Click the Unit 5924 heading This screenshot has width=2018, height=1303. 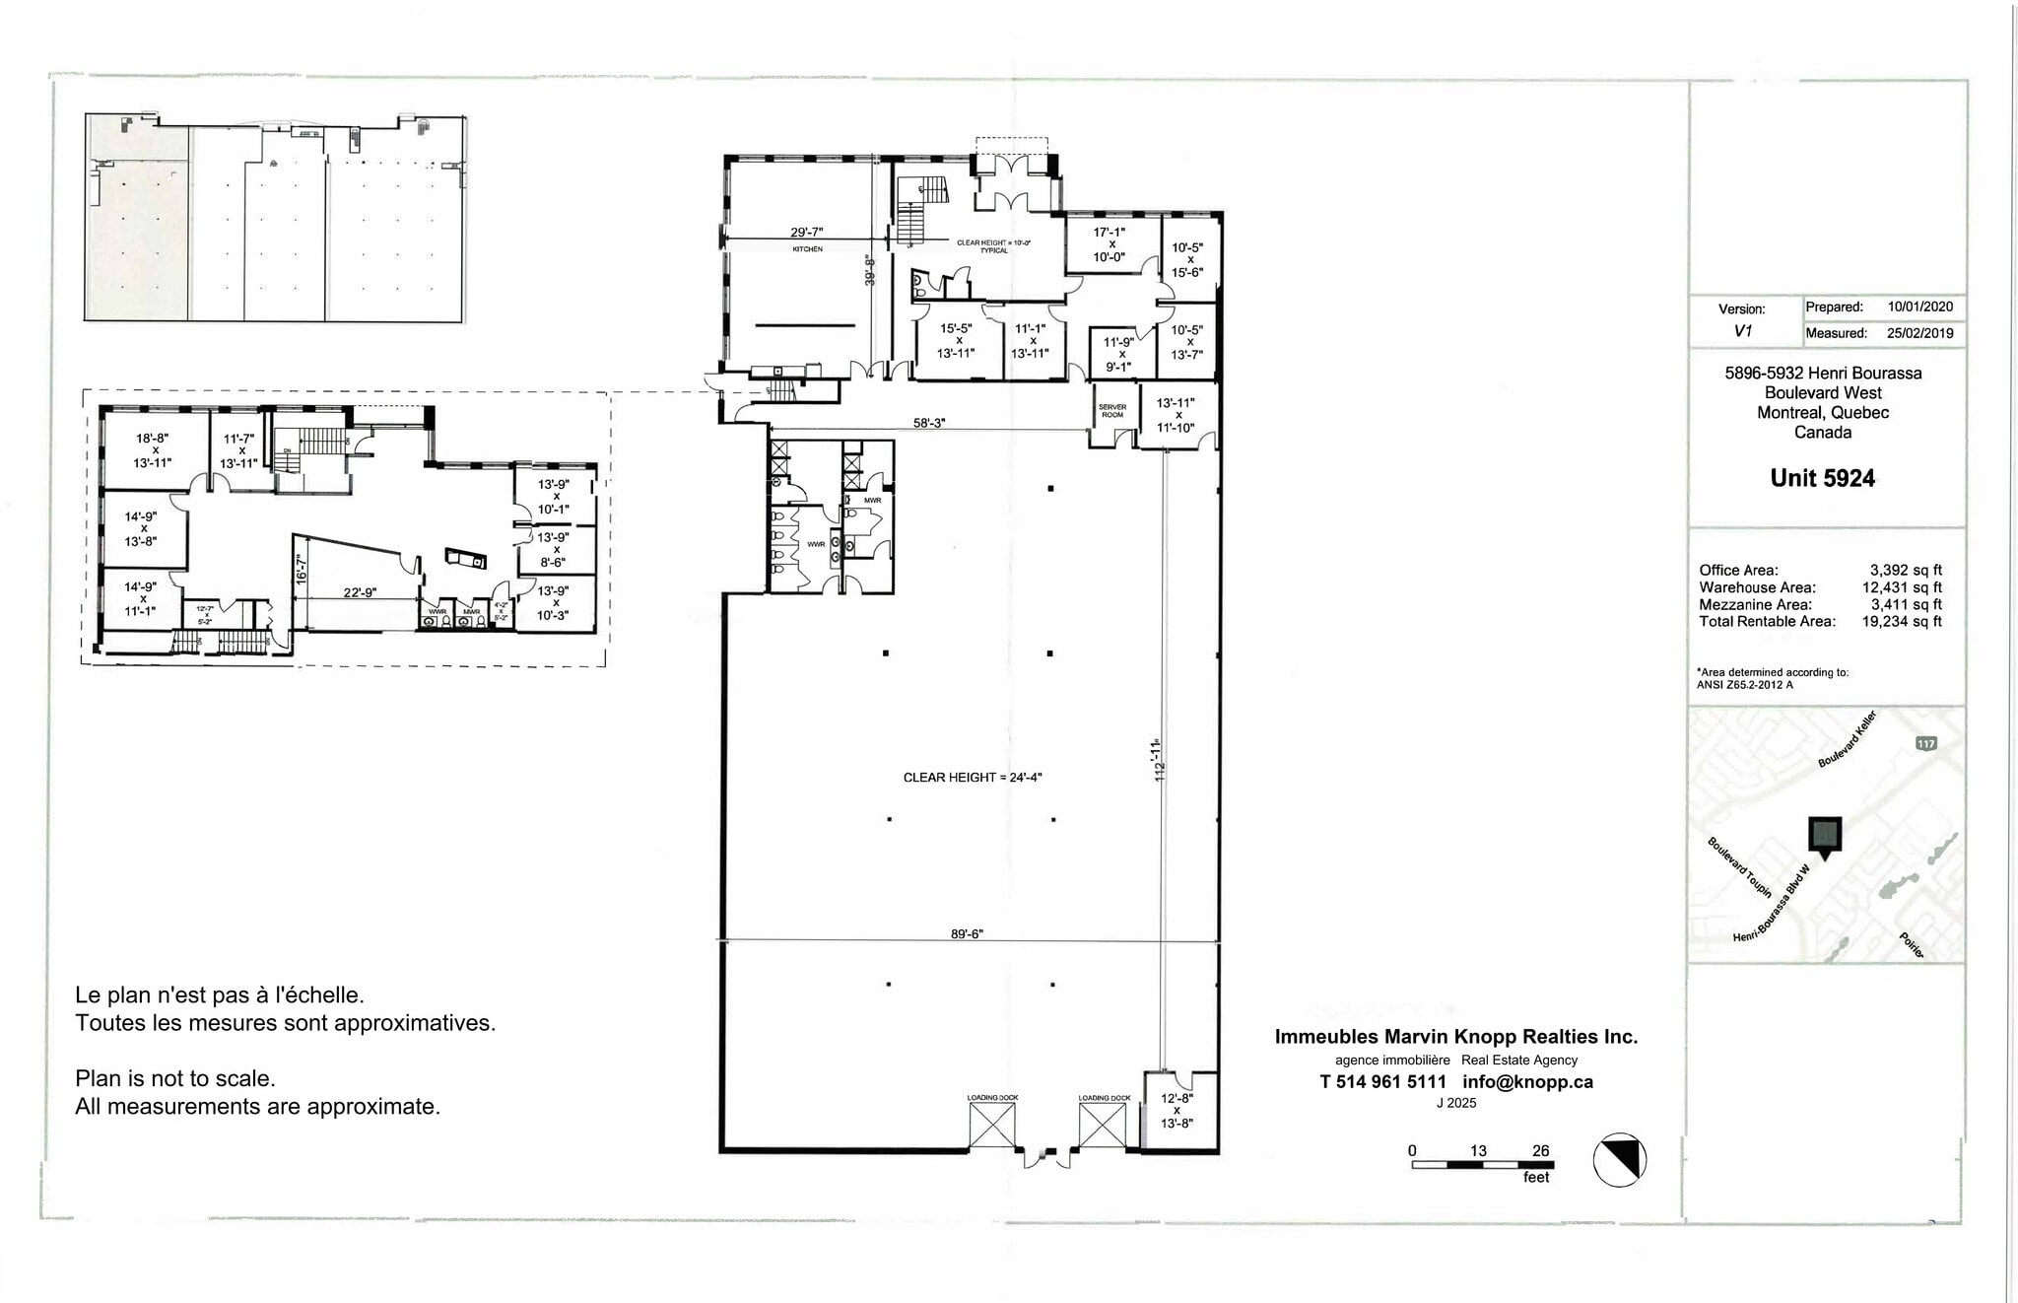point(1822,478)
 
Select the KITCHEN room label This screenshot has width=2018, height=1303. point(807,249)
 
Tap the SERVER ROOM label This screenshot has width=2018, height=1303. point(1111,411)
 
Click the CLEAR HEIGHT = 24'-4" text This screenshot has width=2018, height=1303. point(973,778)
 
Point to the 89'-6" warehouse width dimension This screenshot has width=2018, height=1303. point(967,933)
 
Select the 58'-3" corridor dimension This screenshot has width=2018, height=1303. point(928,423)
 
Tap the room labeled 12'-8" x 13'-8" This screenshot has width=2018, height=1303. point(1177,1110)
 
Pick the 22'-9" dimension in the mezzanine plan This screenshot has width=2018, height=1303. point(360,592)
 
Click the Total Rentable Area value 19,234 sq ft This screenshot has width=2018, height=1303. point(1902,622)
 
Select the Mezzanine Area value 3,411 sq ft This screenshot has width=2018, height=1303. point(1906,605)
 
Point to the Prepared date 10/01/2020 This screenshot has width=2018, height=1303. point(1920,308)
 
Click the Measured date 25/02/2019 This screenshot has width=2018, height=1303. point(1920,333)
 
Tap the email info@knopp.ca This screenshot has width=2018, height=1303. point(1527,1082)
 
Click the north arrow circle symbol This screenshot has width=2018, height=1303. point(1620,1159)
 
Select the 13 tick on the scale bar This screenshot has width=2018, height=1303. point(1478,1150)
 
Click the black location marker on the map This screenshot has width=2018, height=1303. point(1825,836)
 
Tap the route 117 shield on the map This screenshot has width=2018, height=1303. point(1926,743)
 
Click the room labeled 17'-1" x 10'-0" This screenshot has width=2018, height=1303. point(1109,244)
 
